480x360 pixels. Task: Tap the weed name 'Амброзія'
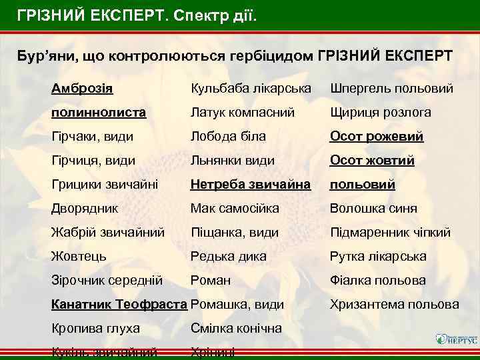click(82, 88)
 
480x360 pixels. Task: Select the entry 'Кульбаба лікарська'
click(251, 89)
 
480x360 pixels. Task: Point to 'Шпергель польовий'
click(391, 89)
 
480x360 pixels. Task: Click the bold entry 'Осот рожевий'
click(377, 137)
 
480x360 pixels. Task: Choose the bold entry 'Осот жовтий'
click(372, 161)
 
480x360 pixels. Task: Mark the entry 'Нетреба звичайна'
click(251, 184)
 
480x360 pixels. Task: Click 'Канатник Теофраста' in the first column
click(119, 305)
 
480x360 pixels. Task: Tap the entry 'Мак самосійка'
click(235, 209)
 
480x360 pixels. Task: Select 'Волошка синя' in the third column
click(373, 209)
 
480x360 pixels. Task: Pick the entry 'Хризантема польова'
click(395, 305)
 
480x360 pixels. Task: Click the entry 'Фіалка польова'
click(377, 281)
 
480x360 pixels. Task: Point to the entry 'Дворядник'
click(85, 208)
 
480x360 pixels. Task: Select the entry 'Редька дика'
click(228, 257)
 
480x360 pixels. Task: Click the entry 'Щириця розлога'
click(380, 113)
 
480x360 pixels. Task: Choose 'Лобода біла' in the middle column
click(228, 137)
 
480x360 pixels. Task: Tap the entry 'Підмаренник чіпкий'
click(390, 233)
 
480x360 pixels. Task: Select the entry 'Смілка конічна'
click(236, 329)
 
